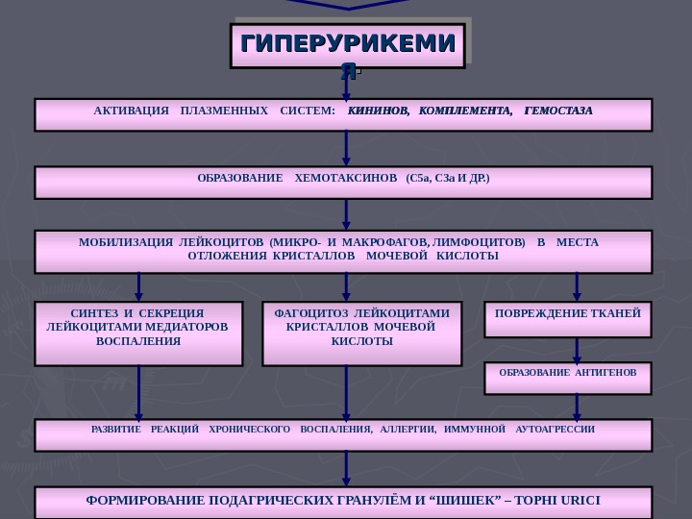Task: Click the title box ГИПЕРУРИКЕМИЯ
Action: click(347, 46)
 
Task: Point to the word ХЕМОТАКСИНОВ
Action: click(345, 179)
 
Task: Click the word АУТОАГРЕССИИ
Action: click(555, 429)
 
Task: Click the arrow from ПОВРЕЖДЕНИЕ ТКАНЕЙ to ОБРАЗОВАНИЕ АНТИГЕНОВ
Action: click(577, 350)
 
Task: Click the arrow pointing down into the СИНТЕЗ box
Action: click(138, 286)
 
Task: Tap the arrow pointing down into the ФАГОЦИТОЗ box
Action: click(346, 286)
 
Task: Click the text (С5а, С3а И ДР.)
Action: click(448, 179)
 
